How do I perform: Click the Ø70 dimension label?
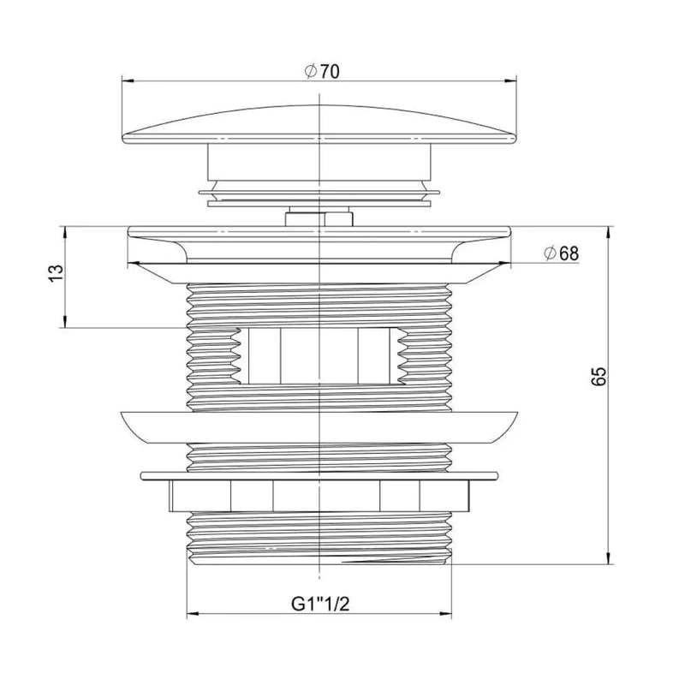(322, 71)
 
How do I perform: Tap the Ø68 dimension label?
(562, 253)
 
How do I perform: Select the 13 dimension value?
(57, 273)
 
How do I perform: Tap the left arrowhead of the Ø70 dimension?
(128, 80)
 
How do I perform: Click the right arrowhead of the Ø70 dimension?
(510, 80)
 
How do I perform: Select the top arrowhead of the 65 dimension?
(608, 232)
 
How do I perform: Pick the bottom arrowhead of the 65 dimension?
(608, 558)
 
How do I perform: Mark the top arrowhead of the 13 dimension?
(65, 232)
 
